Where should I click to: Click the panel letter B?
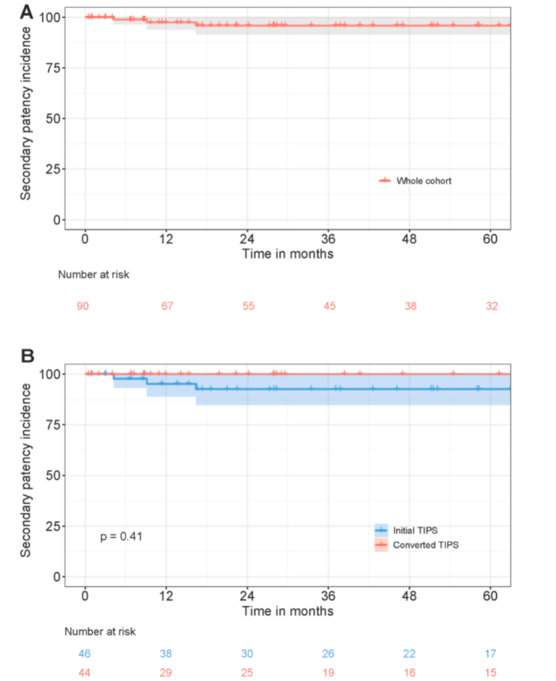coord(28,355)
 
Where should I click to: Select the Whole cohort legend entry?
coord(423,181)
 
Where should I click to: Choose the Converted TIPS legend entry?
coord(425,545)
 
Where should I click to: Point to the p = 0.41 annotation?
coord(122,536)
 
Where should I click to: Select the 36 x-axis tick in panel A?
coord(328,240)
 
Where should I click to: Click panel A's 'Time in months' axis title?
coord(288,254)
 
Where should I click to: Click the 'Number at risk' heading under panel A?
coord(94,274)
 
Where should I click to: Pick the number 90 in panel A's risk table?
coord(83,306)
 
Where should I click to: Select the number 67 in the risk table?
coord(167,306)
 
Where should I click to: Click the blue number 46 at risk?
coord(85,654)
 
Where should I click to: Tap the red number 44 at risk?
coord(85,673)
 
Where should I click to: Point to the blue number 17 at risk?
coord(491,654)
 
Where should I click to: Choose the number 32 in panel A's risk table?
coord(492,306)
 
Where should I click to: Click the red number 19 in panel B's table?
coord(328,673)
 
